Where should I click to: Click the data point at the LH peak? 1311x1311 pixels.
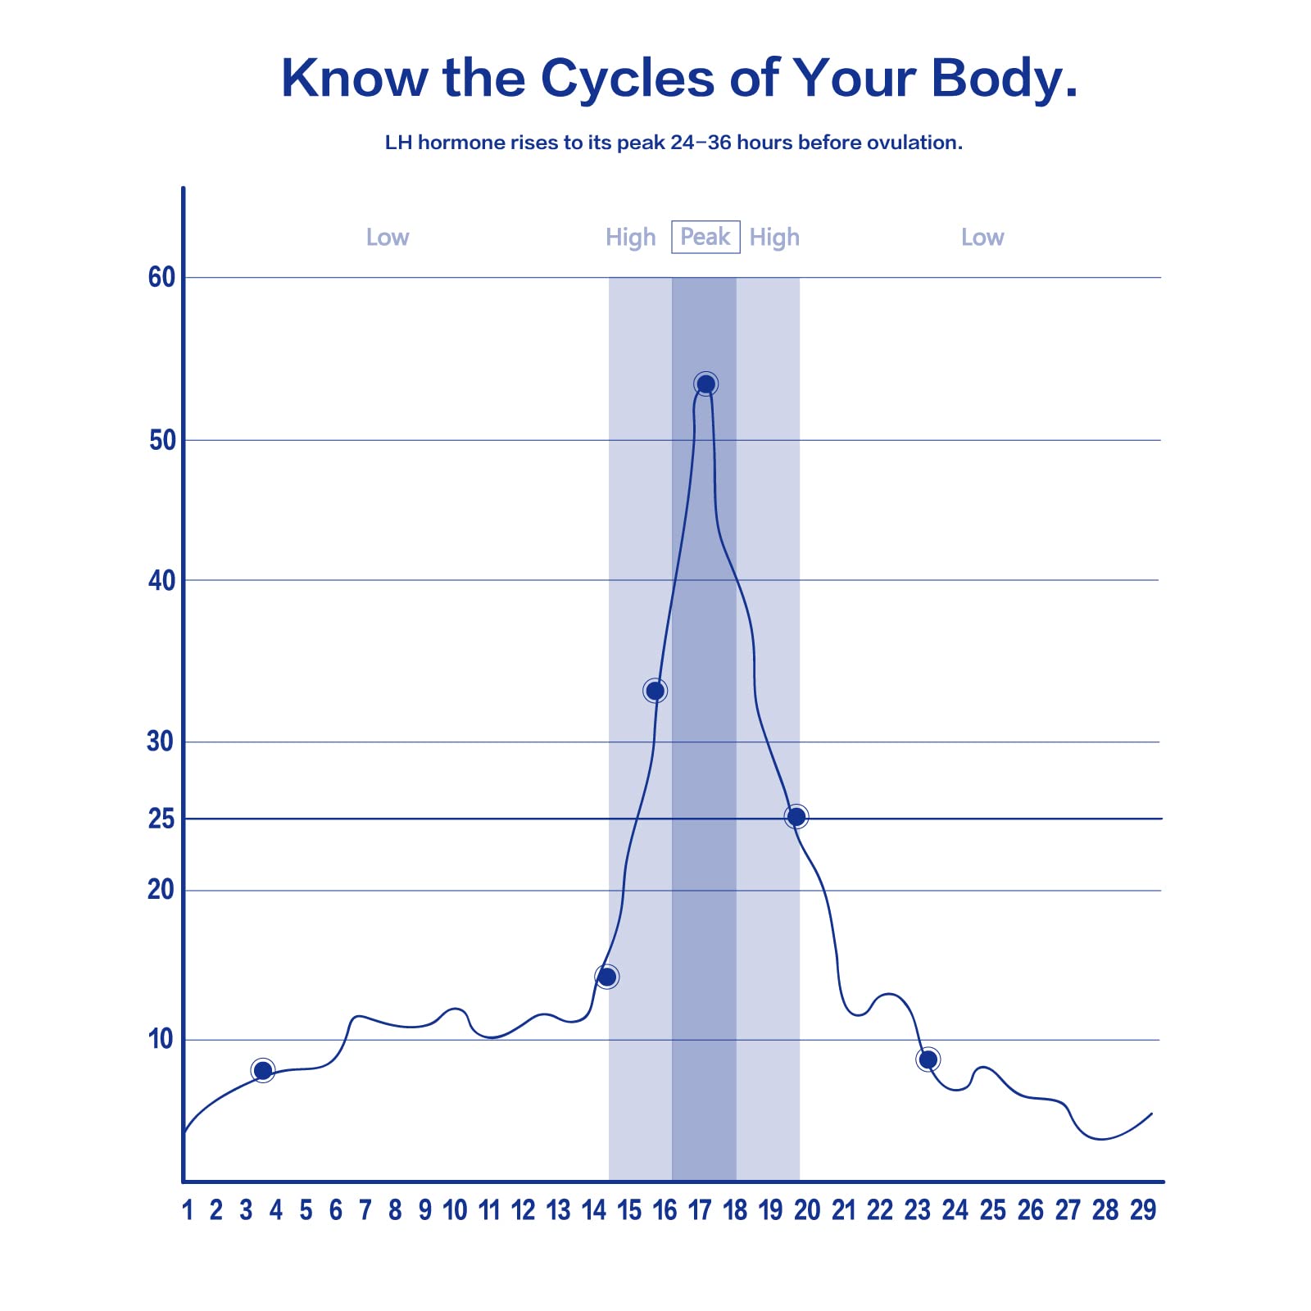705,383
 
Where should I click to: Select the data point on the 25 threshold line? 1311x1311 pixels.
796,816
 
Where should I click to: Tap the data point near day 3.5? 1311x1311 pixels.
263,1070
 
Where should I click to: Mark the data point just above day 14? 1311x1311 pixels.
606,977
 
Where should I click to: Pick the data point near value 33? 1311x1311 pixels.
655,691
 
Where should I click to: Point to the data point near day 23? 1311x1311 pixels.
928,1059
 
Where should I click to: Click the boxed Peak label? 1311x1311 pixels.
705,237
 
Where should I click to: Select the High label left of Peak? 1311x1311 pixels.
630,238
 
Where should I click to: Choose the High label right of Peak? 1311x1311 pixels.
774,238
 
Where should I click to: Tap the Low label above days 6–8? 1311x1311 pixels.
387,238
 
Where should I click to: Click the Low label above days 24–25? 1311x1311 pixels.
982,238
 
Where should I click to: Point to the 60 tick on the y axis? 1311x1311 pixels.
161,278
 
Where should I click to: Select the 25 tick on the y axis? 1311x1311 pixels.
161,819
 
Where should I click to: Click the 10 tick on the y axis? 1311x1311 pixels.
161,1039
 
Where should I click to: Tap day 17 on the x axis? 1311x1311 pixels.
700,1210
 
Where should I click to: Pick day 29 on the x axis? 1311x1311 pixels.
1143,1210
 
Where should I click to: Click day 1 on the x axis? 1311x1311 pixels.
188,1210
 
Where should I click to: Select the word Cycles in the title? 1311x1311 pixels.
628,79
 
